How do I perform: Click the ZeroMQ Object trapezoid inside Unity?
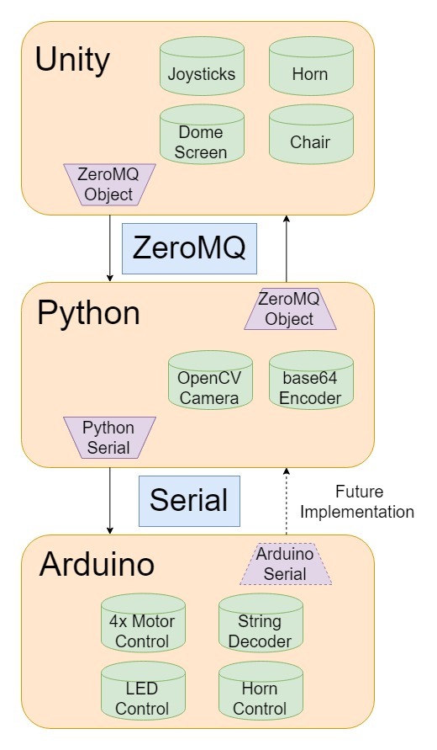coord(105,184)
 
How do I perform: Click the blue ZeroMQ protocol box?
coord(189,248)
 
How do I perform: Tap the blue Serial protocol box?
coord(189,500)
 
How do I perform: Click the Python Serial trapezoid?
coord(109,438)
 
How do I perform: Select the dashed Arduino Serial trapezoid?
coord(285,564)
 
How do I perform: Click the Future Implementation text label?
coord(357,502)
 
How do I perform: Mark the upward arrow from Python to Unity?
coord(287,248)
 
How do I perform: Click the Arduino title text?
coord(97,564)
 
